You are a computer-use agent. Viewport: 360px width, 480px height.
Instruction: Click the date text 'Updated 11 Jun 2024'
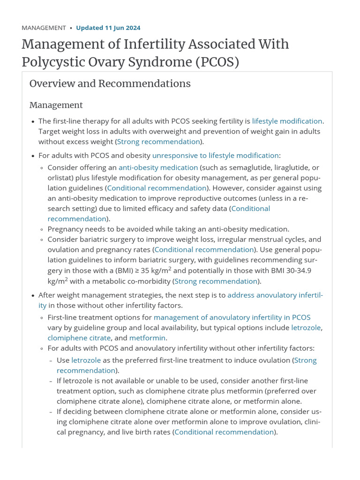click(x=108, y=28)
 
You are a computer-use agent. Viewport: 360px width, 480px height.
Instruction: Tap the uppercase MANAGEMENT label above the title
click(x=44, y=28)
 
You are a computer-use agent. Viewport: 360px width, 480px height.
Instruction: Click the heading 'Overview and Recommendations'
click(x=110, y=83)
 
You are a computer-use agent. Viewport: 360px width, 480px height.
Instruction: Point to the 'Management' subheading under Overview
click(x=56, y=105)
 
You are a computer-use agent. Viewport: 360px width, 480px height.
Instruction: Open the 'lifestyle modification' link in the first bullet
click(x=287, y=121)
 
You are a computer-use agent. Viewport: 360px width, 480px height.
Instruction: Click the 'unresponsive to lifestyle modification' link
click(x=215, y=155)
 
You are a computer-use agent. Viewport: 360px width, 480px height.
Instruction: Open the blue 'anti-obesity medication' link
click(x=158, y=167)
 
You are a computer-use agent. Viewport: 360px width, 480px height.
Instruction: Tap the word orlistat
click(x=60, y=178)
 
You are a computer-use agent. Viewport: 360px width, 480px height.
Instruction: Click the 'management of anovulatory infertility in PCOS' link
click(x=232, y=317)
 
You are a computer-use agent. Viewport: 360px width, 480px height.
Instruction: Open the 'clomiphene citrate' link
click(x=79, y=338)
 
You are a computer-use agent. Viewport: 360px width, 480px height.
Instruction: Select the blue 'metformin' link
click(x=147, y=338)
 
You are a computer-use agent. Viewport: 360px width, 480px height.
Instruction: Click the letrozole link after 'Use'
click(x=86, y=360)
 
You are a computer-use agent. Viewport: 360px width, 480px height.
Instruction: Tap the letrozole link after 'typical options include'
click(x=306, y=328)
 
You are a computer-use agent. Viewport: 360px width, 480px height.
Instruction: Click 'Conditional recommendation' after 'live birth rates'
click(x=224, y=432)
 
